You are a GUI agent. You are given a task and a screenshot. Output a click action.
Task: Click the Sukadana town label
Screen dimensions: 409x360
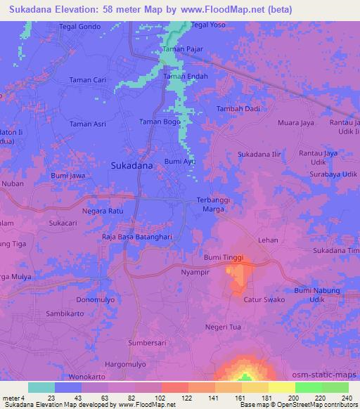tap(132, 167)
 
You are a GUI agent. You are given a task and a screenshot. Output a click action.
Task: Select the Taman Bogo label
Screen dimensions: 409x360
tap(160, 122)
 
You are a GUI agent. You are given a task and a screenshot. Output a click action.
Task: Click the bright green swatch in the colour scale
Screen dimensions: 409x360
tap(308, 387)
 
